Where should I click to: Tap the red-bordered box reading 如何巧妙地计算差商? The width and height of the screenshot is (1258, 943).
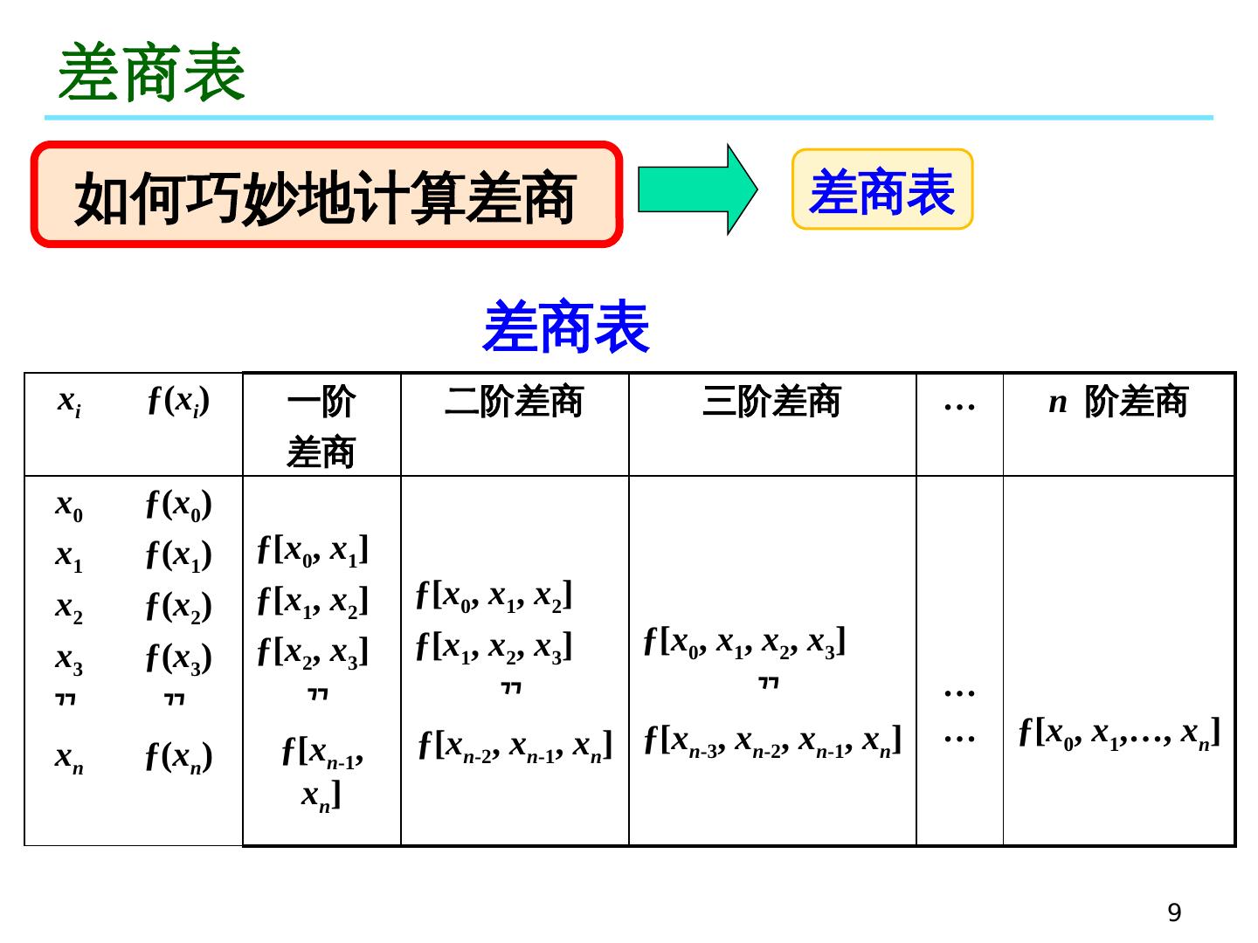coord(326,196)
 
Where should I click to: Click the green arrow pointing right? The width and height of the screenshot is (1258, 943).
coord(696,189)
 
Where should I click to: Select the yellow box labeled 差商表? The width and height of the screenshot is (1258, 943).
coord(882,190)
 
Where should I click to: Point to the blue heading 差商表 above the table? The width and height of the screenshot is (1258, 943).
coord(566,327)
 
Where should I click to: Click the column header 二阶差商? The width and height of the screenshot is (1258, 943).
coord(514,403)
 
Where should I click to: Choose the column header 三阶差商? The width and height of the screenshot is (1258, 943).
coord(771,403)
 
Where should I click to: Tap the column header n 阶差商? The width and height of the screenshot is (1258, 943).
coord(1118,403)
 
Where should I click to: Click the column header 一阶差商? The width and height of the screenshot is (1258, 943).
coord(321,426)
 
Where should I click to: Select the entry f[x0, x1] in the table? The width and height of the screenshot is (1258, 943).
coord(313,550)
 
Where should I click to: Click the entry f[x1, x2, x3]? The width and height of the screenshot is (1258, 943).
coord(494,647)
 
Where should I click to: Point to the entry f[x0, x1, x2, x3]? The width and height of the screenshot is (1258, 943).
coord(744,642)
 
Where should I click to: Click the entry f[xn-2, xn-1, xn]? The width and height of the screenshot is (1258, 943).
coord(515,745)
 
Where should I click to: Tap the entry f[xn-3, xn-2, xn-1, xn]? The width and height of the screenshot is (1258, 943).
coord(772,740)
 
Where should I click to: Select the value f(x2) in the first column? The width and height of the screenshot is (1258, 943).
coord(178,606)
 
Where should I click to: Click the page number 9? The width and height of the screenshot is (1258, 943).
coord(1174,912)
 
